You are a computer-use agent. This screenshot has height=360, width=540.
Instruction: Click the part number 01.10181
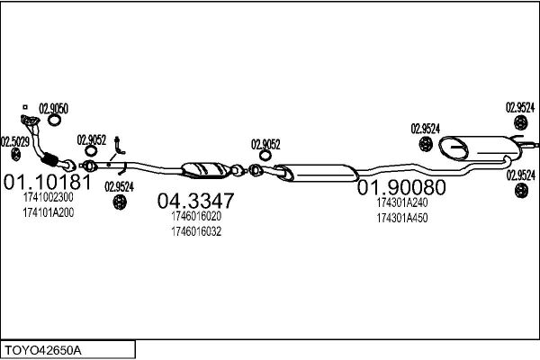point(48,182)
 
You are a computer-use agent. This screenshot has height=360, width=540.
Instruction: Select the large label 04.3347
point(195,201)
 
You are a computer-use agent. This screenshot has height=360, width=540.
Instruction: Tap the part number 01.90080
point(401,187)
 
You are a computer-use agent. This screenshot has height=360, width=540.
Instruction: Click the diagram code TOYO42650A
point(43,350)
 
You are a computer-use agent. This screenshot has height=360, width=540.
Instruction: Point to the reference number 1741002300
point(49,197)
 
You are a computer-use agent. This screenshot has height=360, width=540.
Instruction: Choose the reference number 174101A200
point(49,213)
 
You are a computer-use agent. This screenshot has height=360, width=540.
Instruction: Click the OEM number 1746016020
point(196,216)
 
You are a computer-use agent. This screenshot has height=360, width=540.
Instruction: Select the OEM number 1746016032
point(196,232)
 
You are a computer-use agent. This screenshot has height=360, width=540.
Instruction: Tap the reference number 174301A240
point(402,202)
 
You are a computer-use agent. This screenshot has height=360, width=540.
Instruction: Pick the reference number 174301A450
point(402,218)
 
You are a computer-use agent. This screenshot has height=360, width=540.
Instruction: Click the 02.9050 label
point(53,109)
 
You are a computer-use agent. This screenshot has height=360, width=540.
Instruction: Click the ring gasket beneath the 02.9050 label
point(54,121)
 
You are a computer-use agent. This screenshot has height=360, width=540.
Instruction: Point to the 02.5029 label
point(15,142)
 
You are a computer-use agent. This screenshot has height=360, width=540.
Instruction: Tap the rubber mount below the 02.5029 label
point(16,155)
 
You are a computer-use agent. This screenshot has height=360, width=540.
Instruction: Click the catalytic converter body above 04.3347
point(206,170)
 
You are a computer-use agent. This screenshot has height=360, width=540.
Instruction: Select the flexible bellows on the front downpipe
point(49,159)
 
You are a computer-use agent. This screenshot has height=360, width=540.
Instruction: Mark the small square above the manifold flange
point(25,107)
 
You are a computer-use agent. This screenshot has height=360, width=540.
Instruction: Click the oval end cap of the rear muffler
point(454,148)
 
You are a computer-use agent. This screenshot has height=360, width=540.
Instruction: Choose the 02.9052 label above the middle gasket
point(265,144)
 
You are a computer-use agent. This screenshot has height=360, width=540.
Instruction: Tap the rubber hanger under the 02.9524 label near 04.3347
point(120,202)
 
